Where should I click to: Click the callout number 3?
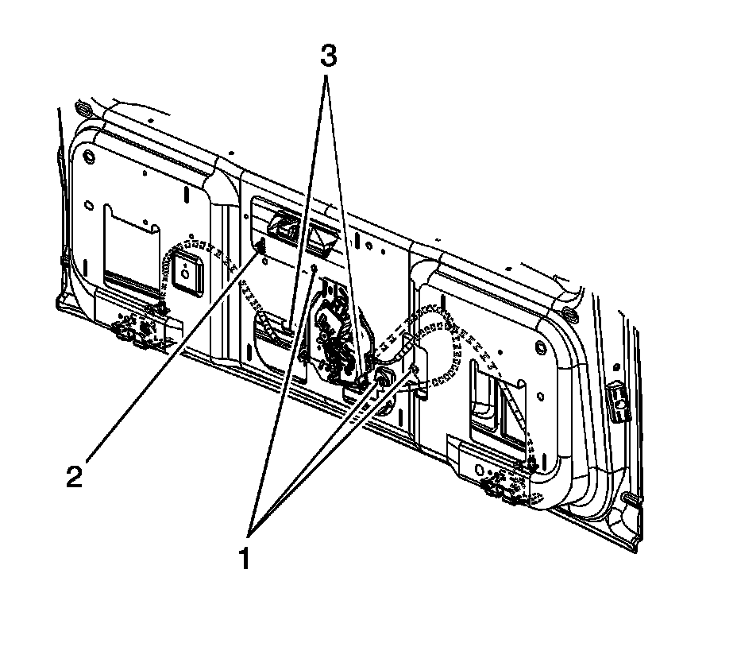pyautogui.click(x=328, y=57)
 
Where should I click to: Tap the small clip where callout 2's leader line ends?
pyautogui.click(x=259, y=252)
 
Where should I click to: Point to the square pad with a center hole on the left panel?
pyautogui.click(x=184, y=273)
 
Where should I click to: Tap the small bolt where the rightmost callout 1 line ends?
pyautogui.click(x=413, y=370)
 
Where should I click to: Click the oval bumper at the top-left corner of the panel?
pyautogui.click(x=81, y=108)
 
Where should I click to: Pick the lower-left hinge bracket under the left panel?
pyautogui.click(x=143, y=327)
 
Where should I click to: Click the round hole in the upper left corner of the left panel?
pyautogui.click(x=88, y=153)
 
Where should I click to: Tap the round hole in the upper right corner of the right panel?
pyautogui.click(x=541, y=347)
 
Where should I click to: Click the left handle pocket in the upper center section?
pyautogui.click(x=282, y=226)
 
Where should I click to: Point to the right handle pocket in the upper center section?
pyautogui.click(x=321, y=236)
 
